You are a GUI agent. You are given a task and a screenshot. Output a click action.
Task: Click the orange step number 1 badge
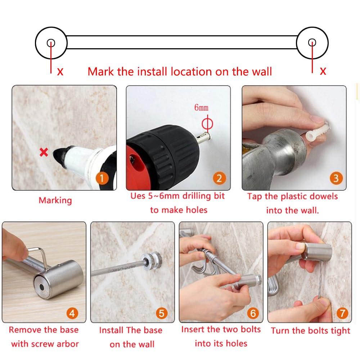click(102, 179)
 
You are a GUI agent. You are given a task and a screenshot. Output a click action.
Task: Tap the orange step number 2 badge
click(219, 179)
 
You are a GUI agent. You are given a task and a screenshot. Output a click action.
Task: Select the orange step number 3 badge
click(336, 178)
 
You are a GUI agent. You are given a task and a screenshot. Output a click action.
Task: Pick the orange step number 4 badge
click(72, 313)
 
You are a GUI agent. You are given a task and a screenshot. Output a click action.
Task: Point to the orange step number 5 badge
click(162, 313)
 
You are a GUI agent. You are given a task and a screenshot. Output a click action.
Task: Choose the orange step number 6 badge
click(253, 313)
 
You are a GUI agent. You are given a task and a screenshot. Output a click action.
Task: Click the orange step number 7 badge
click(342, 313)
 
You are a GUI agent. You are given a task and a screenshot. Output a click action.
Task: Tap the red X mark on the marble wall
click(44, 152)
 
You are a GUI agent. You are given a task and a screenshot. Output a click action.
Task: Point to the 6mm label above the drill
click(201, 107)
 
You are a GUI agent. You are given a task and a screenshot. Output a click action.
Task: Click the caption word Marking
click(55, 201)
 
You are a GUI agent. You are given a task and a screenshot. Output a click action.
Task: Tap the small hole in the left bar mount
click(51, 43)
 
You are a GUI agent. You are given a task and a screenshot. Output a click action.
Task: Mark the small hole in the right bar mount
click(312, 42)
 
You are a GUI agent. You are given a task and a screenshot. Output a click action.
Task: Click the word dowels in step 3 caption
click(324, 197)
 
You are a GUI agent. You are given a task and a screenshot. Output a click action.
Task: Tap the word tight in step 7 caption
click(341, 331)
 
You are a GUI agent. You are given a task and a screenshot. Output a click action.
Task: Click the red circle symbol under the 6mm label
click(207, 124)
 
